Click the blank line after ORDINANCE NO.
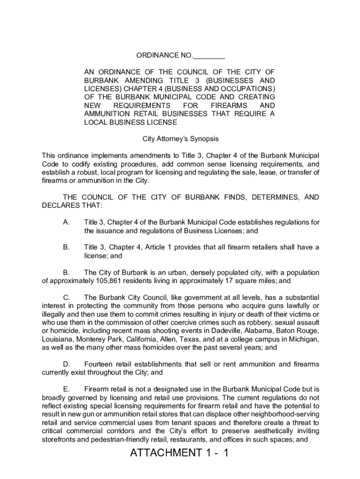click(x=209, y=56)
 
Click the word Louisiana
click(x=58, y=340)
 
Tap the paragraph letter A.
click(x=66, y=222)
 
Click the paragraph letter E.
click(x=66, y=389)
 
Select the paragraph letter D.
click(x=66, y=364)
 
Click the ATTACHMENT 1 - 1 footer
click(x=180, y=453)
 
